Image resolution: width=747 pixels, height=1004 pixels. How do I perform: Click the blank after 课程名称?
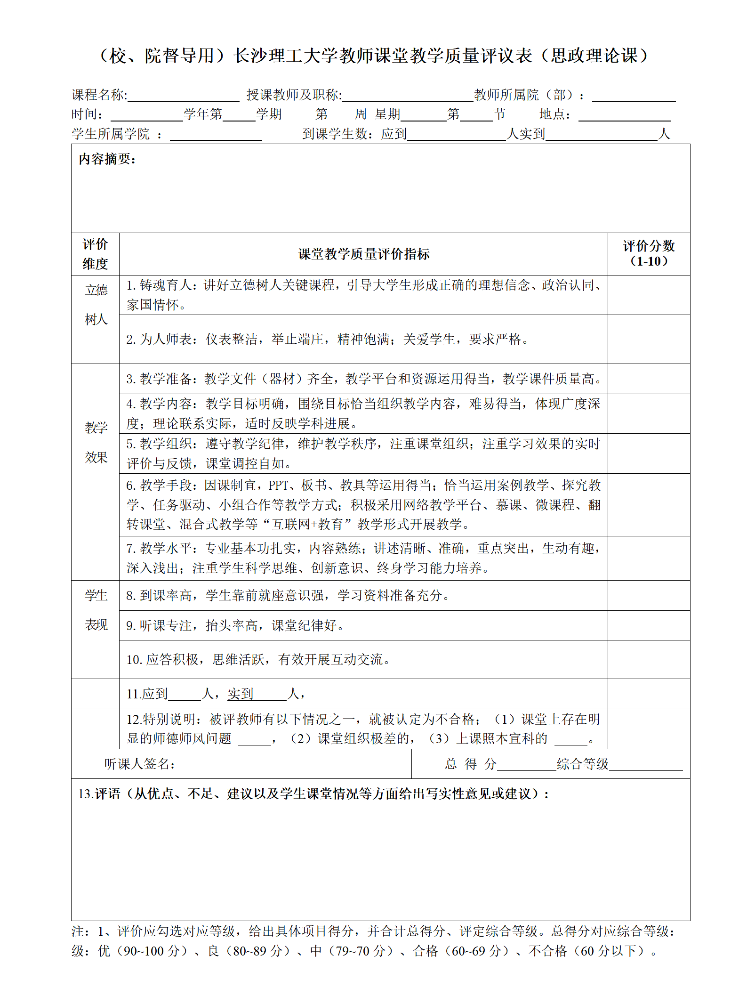(x=184, y=96)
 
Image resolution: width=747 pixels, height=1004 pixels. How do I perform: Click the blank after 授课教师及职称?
(x=408, y=96)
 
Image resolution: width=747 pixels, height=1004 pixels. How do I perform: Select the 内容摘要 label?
(x=107, y=159)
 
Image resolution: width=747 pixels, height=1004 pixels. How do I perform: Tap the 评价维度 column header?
(x=95, y=254)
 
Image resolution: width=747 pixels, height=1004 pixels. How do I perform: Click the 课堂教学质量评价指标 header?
(x=363, y=254)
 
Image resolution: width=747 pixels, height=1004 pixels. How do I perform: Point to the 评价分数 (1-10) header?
(x=649, y=253)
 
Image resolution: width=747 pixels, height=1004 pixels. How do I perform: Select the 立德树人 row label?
(x=96, y=305)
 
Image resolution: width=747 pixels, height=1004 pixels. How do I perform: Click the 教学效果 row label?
(x=96, y=442)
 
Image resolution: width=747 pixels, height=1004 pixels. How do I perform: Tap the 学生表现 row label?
(x=96, y=610)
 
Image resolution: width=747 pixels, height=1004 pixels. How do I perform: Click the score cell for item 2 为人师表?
(x=649, y=339)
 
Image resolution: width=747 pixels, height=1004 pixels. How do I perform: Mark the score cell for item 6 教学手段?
(x=649, y=505)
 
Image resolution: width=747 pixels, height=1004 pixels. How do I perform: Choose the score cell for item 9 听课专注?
(x=649, y=625)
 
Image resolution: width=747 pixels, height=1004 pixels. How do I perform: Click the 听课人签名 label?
(x=140, y=764)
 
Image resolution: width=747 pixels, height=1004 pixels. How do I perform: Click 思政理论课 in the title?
(x=594, y=56)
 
